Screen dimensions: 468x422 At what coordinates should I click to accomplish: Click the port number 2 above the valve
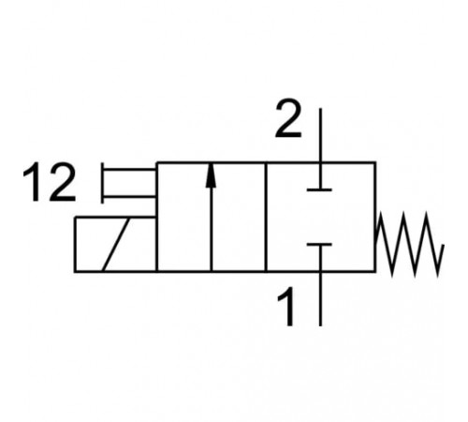point(288,118)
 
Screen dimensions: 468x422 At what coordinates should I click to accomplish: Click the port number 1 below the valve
point(287,307)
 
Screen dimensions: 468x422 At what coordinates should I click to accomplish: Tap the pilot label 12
point(50,182)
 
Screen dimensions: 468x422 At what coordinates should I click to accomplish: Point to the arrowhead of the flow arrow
point(212,175)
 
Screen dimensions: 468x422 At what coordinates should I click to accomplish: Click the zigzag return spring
point(409,244)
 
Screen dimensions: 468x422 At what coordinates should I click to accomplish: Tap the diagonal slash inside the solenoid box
point(116,245)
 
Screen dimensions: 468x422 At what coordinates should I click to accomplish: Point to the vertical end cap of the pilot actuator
point(102,183)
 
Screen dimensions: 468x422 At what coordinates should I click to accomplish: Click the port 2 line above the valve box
point(320,135)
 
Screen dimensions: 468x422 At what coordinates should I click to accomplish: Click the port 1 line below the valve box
point(320,299)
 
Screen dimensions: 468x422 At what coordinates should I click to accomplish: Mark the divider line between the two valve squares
point(266,218)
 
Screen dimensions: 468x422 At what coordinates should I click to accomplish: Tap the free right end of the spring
point(443,246)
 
